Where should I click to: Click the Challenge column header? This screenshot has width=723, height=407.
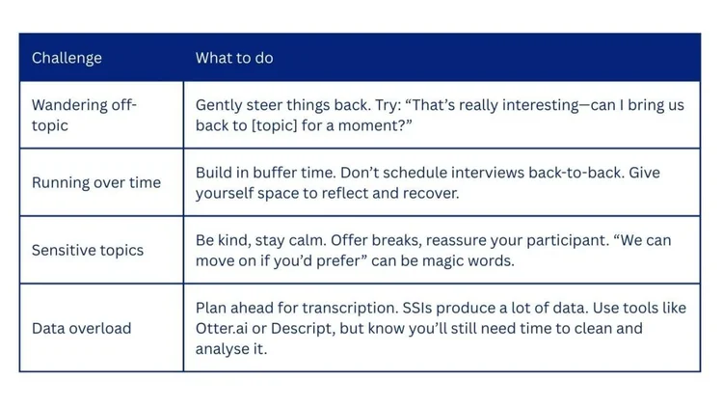pyautogui.click(x=67, y=58)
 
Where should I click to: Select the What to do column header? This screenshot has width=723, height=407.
pyautogui.click(x=234, y=58)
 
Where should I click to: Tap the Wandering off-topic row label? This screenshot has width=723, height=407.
pyautogui.click(x=84, y=115)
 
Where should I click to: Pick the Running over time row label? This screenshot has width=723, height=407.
pyautogui.click(x=96, y=182)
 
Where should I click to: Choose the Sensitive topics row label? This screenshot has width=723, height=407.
pyautogui.click(x=88, y=250)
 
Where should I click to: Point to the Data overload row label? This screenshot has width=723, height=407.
pyautogui.click(x=81, y=328)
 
